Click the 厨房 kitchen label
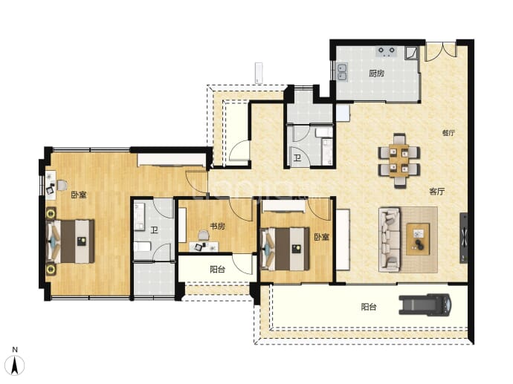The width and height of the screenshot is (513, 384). (376, 74)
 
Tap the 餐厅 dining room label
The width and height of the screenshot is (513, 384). (448, 133)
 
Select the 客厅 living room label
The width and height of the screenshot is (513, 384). (436, 192)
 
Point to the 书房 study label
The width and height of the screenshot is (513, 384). (217, 226)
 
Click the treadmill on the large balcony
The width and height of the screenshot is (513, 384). (425, 305)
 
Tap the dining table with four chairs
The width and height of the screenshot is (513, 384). (399, 160)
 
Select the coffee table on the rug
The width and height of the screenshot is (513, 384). (418, 238)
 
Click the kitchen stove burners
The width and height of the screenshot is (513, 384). (387, 52)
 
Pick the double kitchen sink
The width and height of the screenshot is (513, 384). (342, 72)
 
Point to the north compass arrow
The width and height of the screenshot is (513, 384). (15, 365)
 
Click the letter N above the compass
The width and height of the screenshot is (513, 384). (15, 350)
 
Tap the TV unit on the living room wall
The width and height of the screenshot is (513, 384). (464, 238)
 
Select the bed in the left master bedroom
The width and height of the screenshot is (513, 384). (71, 241)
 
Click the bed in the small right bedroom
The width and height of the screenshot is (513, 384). (285, 249)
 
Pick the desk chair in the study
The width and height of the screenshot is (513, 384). (204, 235)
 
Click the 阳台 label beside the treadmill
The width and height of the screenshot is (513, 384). (368, 307)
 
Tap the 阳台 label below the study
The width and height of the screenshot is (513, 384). (217, 270)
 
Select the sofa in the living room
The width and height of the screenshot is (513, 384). (390, 240)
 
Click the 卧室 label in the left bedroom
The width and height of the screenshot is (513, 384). (79, 195)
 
